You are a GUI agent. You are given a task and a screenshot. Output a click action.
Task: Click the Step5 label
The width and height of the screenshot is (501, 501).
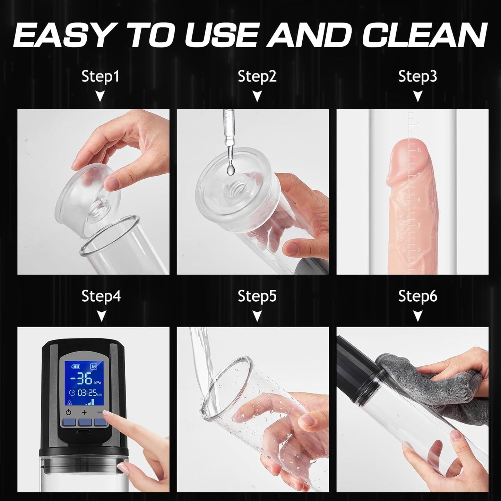(257, 296)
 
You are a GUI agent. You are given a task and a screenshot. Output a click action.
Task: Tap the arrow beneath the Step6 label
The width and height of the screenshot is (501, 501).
(417, 316)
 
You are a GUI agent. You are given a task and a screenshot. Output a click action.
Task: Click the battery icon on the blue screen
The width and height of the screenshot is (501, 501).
(76, 367)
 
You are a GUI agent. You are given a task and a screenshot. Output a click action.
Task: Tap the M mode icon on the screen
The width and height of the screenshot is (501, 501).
(93, 366)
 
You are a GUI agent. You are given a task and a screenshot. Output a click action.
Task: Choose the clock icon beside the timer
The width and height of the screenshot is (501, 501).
(72, 392)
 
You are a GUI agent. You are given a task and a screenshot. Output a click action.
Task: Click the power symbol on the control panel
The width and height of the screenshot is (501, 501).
(68, 412)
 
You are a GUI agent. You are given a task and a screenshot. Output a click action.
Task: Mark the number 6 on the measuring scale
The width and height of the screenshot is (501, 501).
(419, 150)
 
